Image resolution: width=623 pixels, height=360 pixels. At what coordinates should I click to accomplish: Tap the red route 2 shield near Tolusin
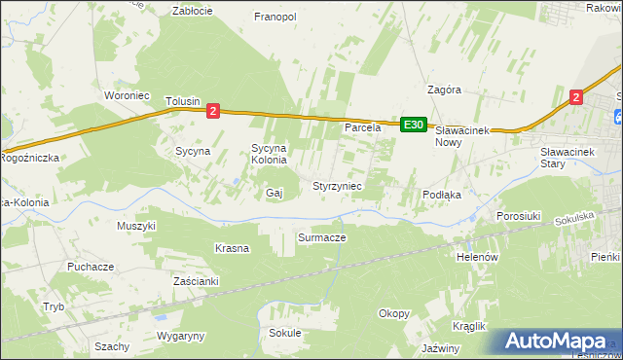[x=213, y=111]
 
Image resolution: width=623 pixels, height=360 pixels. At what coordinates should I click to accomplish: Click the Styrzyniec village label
[x=337, y=185]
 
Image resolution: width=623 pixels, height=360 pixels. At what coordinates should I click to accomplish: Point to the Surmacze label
[x=322, y=236]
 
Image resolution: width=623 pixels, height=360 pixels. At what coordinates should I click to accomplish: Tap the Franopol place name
[x=275, y=17]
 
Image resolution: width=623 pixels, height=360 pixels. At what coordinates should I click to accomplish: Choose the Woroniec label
[x=125, y=95]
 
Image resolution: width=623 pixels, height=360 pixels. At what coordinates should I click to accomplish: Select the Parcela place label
[x=360, y=127]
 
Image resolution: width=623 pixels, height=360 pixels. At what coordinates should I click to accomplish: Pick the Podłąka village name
[x=441, y=195]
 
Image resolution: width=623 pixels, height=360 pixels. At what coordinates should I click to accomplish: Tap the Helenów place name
[x=477, y=257]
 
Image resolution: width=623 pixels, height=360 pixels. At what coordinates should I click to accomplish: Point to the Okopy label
[x=394, y=313]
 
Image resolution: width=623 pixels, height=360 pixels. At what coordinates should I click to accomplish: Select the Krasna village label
[x=233, y=248]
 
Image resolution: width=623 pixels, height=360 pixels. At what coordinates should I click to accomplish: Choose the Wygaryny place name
[x=181, y=336]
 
